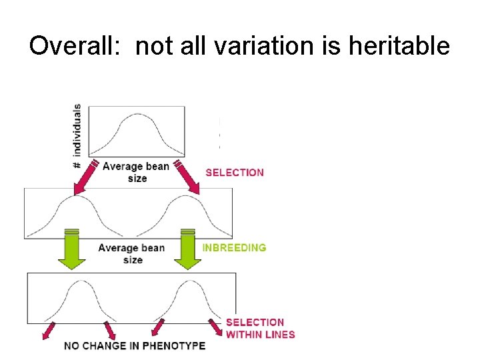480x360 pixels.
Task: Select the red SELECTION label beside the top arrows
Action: pyautogui.click(x=235, y=172)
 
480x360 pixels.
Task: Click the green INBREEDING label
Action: pyautogui.click(x=234, y=247)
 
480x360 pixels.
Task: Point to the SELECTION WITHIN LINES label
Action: pyautogui.click(x=260, y=328)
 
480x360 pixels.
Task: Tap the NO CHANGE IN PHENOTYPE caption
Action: pyautogui.click(x=135, y=345)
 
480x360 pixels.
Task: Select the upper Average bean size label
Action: pyautogui.click(x=136, y=172)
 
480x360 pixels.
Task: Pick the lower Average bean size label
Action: pyautogui.click(x=132, y=253)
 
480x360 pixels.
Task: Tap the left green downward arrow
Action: pyautogui.click(x=73, y=249)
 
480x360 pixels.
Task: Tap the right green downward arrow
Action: pyautogui.click(x=188, y=249)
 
